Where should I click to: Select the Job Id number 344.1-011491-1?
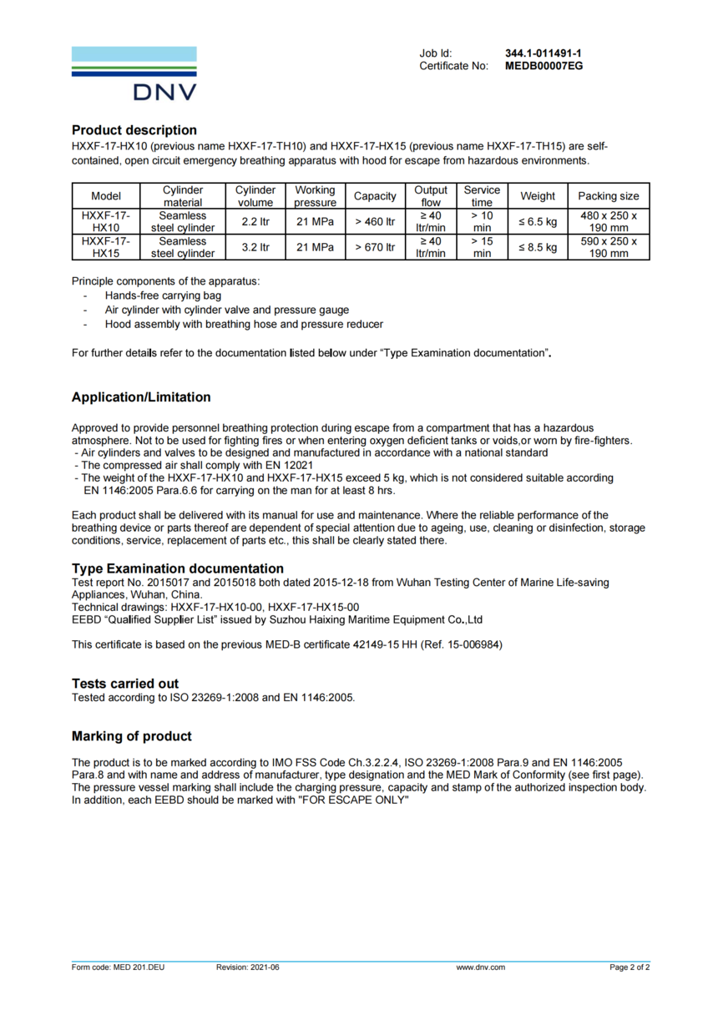coord(543,53)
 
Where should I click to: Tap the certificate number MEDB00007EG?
coord(544,66)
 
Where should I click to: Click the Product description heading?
coord(134,130)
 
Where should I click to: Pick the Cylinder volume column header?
coord(255,196)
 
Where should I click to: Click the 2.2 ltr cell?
coord(255,222)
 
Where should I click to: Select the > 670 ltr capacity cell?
coord(374,248)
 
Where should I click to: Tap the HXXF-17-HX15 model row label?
coord(106,248)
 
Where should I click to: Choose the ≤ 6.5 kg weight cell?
coord(537,222)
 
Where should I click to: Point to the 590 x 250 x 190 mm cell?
coord(609,248)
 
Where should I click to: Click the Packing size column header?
coord(609,196)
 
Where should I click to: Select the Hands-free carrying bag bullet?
coord(163,295)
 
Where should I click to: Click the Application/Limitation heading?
coord(141,397)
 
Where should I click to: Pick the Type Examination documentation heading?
coord(178,568)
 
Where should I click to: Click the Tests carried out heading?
coord(125,684)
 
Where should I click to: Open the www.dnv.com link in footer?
coord(480,967)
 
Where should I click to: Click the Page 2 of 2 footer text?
coord(630,967)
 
